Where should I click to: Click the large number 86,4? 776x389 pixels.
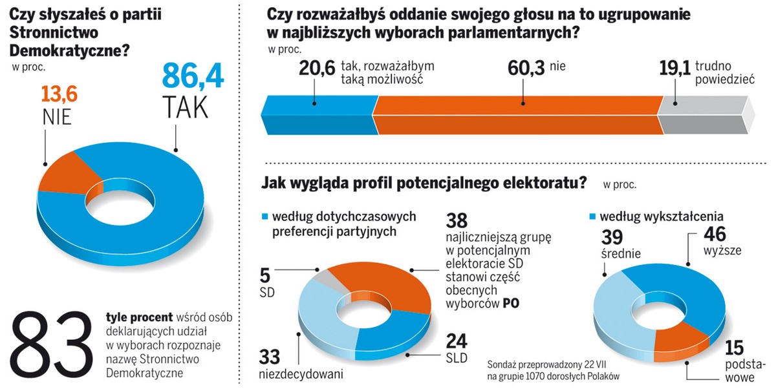point(193,74)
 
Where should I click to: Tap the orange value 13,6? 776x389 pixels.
point(59,94)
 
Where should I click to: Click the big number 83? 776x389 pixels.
point(52,348)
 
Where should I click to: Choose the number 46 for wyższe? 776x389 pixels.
point(718,233)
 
